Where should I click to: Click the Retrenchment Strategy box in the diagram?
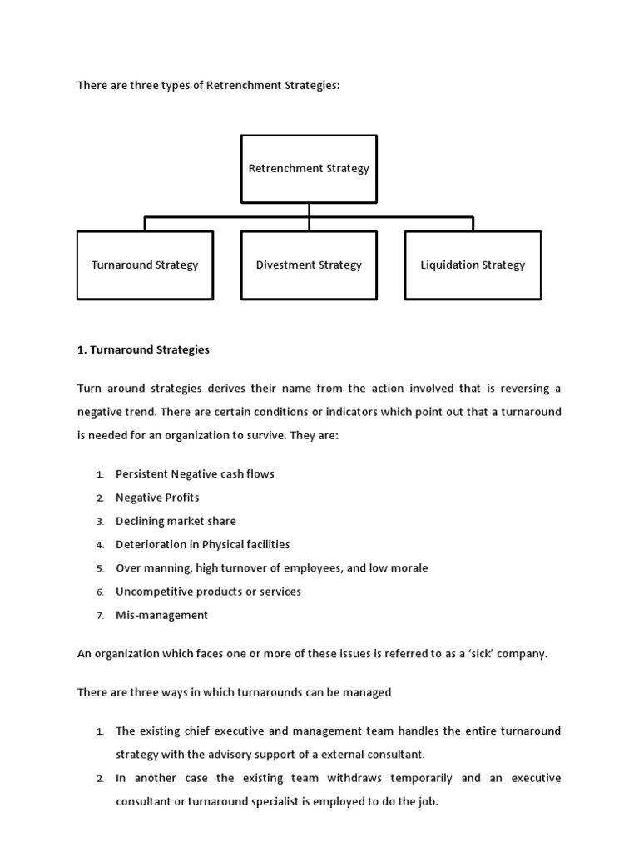[x=309, y=169]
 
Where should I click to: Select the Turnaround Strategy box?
[x=145, y=265]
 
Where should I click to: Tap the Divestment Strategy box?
[x=309, y=265]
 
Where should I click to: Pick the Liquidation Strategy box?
[x=473, y=265]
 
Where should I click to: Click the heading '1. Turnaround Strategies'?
[x=143, y=350]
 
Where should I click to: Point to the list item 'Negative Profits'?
[x=157, y=498]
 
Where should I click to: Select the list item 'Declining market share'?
[x=176, y=521]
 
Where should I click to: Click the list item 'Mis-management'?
[x=161, y=616]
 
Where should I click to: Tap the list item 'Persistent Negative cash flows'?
[x=195, y=474]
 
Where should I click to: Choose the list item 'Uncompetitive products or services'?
[x=208, y=592]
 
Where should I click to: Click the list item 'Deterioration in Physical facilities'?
[x=202, y=544]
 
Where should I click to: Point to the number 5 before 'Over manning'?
[x=99, y=569]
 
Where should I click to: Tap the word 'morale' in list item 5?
[x=410, y=568]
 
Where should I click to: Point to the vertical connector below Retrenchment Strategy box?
[x=309, y=211]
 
